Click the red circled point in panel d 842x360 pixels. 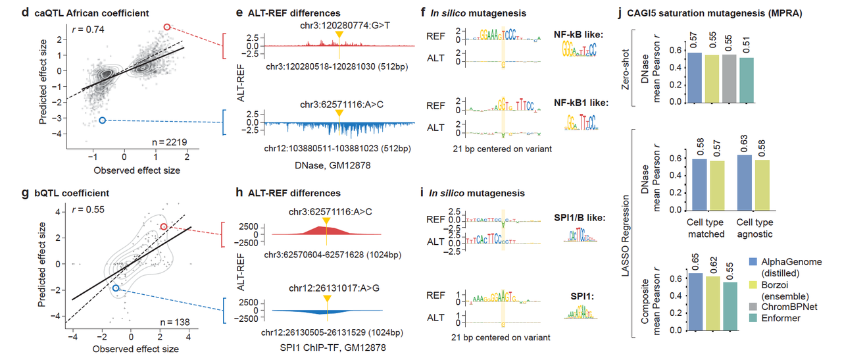point(167,27)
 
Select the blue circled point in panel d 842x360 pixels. point(102,120)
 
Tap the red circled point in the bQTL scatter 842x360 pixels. point(164,227)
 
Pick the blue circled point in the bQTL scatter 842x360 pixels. point(116,288)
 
